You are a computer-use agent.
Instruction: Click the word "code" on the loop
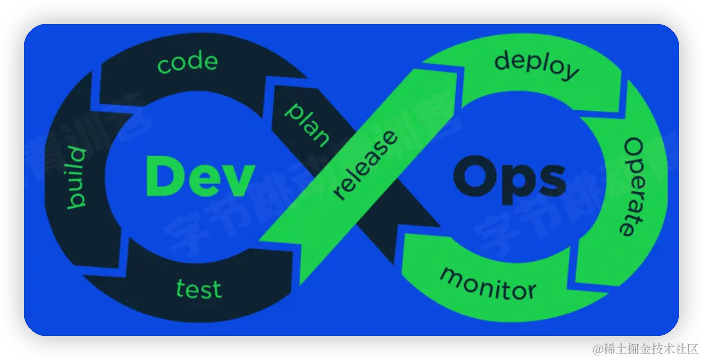pos(187,62)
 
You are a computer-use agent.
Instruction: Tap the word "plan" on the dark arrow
pos(308,124)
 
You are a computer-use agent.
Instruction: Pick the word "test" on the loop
pos(199,289)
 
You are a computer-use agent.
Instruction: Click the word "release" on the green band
pos(366,165)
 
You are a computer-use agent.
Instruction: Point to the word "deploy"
pos(536,66)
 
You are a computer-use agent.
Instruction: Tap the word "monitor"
pos(488,283)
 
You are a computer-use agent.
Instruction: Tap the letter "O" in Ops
pos(474,177)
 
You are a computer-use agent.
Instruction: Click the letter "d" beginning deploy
pos(503,60)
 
